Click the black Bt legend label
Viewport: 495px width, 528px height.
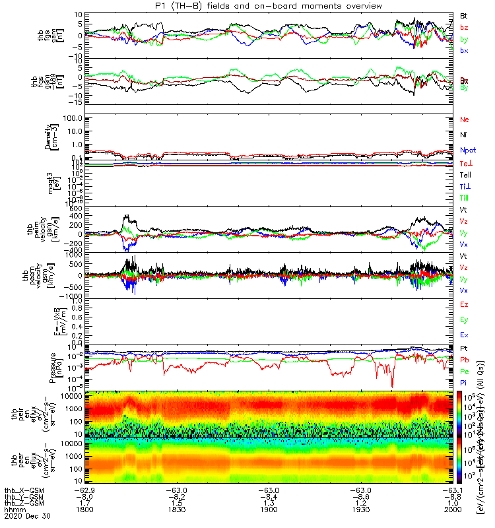463,15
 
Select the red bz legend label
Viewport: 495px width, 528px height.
463,27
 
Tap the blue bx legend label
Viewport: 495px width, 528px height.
463,51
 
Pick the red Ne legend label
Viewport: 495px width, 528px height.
465,120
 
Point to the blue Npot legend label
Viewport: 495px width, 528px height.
468,150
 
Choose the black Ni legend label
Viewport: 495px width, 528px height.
464,135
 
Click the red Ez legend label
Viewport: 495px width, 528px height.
464,304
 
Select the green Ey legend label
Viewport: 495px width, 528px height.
464,319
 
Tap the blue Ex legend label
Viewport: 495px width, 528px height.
464,335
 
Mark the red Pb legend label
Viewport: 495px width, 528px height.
464,359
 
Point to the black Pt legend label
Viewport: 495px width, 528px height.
464,348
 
